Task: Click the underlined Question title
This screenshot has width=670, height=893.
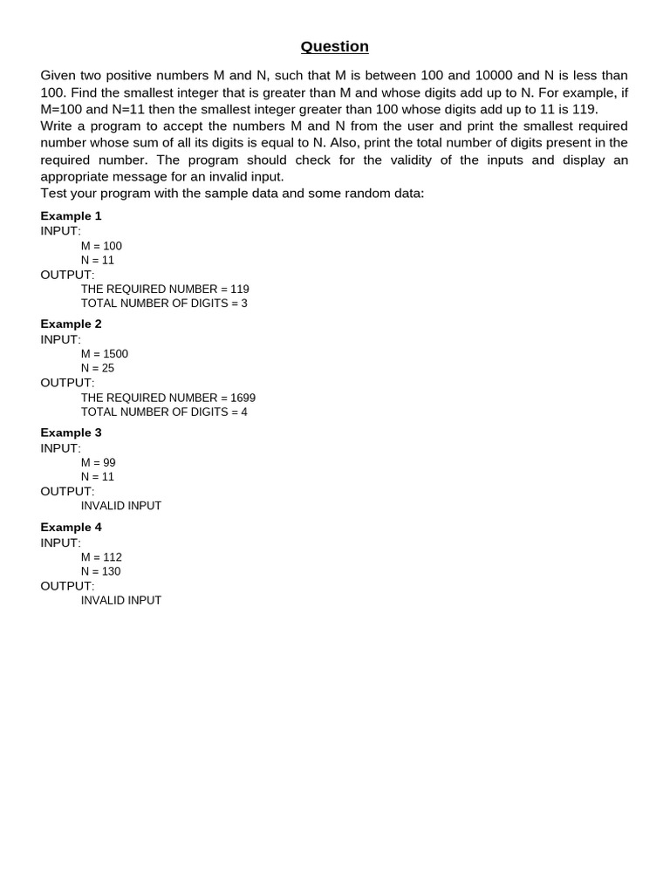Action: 335,46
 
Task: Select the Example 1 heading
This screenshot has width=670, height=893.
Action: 71,215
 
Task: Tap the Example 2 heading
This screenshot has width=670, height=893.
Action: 71,324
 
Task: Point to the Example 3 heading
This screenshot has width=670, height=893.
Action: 71,433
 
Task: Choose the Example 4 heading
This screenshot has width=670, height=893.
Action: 71,527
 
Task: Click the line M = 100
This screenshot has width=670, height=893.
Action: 101,246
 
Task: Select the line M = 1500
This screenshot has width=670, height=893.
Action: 105,354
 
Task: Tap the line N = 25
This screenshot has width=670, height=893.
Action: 98,368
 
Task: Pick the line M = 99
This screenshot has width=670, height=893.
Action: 99,463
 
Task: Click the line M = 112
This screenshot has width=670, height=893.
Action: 101,557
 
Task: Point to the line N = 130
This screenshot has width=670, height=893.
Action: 101,571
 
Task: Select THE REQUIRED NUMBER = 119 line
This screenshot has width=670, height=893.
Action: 165,289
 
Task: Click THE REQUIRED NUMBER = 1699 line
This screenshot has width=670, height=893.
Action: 168,398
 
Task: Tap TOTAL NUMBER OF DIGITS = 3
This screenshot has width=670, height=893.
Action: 164,303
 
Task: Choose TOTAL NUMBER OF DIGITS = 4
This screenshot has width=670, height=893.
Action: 164,412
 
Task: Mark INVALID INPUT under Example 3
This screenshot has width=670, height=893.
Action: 121,506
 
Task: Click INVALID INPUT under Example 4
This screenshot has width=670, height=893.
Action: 121,600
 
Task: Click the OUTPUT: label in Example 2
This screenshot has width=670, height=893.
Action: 67,383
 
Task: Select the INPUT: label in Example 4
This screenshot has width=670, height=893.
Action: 60,542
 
